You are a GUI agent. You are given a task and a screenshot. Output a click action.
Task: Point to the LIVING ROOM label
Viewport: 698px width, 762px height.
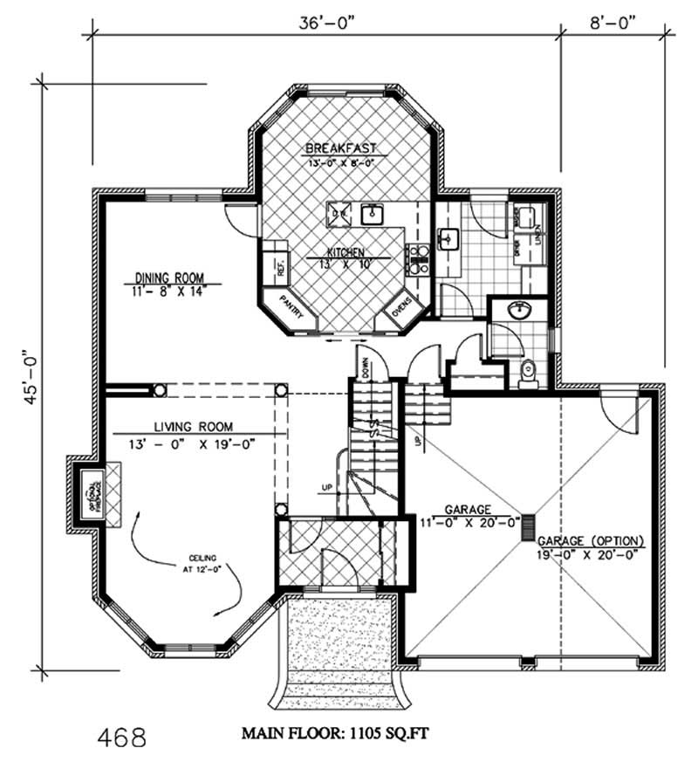point(194,427)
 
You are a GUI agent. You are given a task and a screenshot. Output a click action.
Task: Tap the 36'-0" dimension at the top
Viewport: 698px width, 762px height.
point(324,24)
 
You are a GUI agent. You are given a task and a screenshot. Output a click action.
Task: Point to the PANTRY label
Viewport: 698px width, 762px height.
point(291,310)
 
